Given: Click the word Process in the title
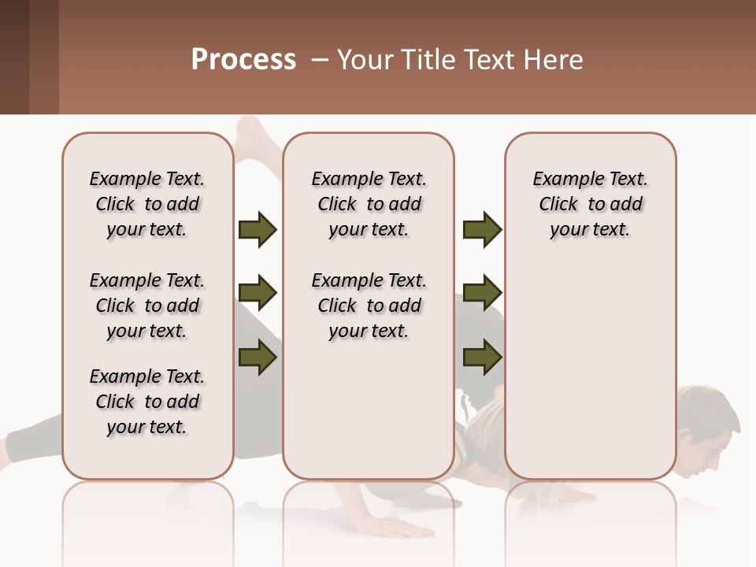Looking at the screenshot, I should coord(243,60).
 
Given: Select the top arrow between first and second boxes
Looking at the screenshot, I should coord(258,230).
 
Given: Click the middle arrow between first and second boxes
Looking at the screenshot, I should coord(258,293).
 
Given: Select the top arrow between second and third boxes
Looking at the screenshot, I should coord(482,230).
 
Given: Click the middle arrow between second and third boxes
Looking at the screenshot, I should coord(482,293).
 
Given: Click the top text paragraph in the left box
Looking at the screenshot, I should coord(147,204).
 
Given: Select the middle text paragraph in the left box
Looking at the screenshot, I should coord(147,306).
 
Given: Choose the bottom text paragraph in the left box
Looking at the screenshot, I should coord(147,402).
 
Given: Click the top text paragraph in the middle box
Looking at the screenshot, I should coord(369,204).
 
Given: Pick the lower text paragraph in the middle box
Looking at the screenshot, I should coord(369,306).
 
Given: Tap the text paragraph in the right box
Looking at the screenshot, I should coord(591,204).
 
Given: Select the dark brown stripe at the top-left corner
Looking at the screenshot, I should coord(14,57).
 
